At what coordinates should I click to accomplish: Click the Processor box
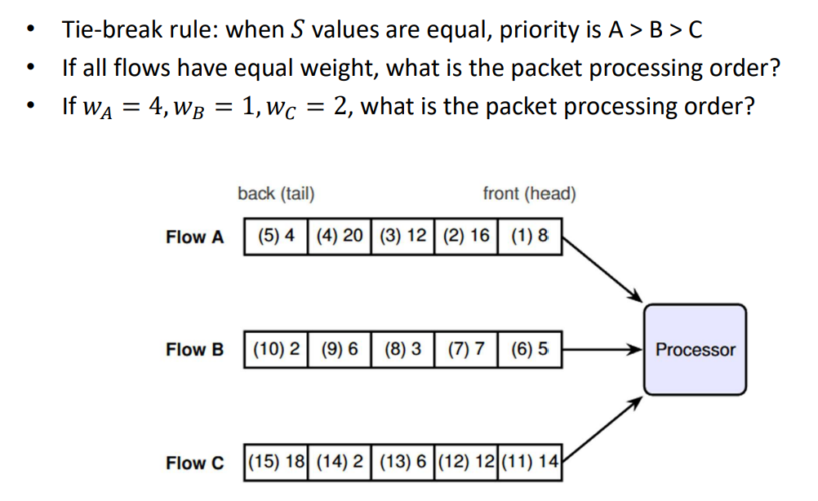tap(695, 349)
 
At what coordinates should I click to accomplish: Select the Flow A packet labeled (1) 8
tap(530, 236)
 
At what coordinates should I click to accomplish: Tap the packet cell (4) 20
tap(339, 236)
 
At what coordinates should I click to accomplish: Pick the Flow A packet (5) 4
tap(276, 236)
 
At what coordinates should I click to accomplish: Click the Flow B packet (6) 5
tap(530, 349)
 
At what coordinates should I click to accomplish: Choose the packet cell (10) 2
tap(276, 349)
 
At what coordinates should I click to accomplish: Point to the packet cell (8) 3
tap(402, 349)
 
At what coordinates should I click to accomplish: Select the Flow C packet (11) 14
tap(530, 463)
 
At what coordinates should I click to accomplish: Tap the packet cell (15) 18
tap(276, 463)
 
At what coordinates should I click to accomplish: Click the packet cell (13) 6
tap(402, 463)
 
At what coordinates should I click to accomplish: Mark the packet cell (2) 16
tap(466, 236)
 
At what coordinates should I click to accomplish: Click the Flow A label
tap(194, 237)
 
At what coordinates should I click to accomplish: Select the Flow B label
tap(194, 350)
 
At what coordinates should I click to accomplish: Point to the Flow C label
tap(194, 463)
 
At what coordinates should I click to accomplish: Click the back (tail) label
tap(276, 194)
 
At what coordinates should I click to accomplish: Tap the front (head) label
tap(529, 194)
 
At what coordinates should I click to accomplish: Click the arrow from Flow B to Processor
tap(602, 349)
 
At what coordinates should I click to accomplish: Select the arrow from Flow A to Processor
tap(602, 270)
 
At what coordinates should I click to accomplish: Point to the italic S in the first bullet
tap(297, 29)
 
